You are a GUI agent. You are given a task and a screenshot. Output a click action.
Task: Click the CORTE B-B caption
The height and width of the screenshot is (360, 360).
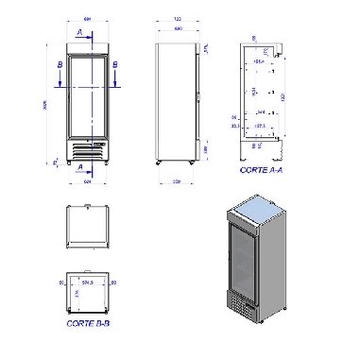coord(87,323)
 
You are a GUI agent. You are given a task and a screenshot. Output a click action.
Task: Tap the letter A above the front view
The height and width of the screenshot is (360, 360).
coord(78,31)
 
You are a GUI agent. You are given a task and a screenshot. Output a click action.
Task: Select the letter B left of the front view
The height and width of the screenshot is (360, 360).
coord(60,64)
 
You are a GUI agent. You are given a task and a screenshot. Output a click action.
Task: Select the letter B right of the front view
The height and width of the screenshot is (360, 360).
coord(114,64)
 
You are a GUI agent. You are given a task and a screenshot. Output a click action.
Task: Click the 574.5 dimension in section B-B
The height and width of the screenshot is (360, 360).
coord(89,282)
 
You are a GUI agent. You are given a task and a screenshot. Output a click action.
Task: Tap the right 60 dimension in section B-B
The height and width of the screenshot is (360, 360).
coord(113,282)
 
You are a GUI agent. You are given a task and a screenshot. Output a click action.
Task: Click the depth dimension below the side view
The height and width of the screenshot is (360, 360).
coord(177,181)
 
